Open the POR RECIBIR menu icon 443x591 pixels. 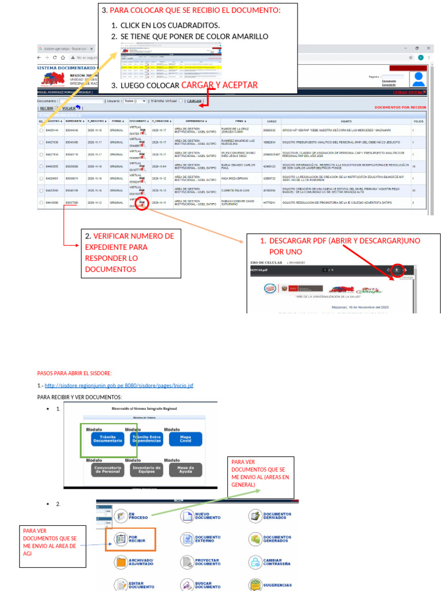coord(121,539)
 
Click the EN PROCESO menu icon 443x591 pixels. coord(121,516)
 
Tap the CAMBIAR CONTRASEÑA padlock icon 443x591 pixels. coord(255,562)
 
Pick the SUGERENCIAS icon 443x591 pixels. coord(255,584)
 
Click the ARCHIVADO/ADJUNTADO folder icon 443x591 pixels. coord(121,562)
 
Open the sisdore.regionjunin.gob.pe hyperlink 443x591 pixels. coord(119,386)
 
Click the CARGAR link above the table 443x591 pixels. coord(194,100)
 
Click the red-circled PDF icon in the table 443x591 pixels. coord(142,203)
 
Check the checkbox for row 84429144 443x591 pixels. coord(40,130)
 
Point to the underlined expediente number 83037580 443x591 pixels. coord(72,203)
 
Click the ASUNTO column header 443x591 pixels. coord(346,121)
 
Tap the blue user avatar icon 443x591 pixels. coord(419,79)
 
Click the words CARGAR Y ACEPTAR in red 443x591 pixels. coord(219,85)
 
